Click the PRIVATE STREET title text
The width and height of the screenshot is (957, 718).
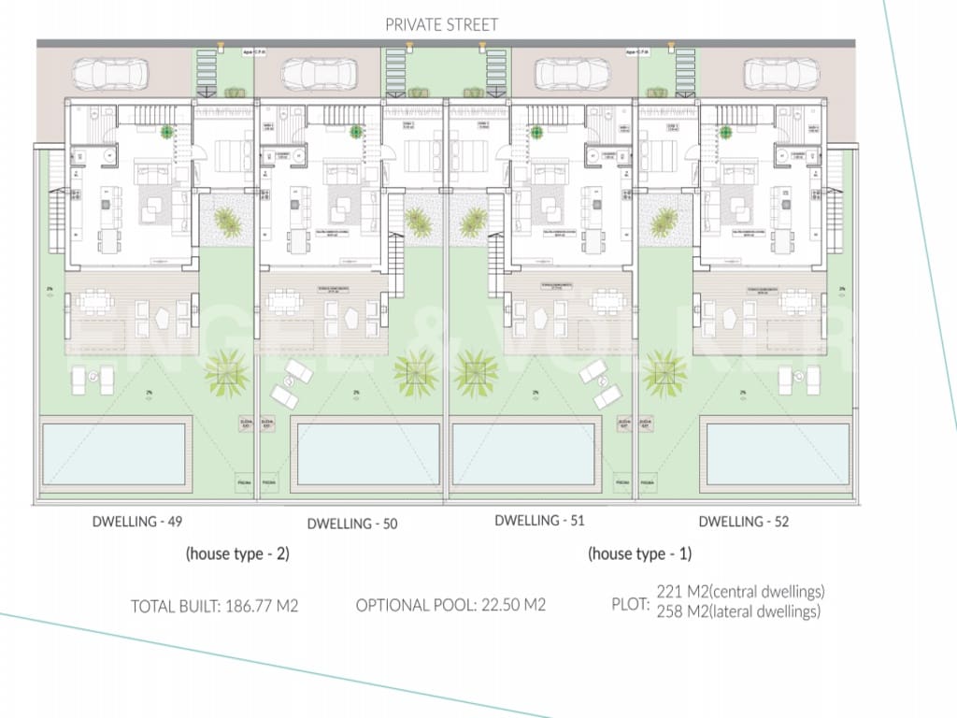point(442,25)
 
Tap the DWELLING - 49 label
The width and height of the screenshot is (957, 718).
point(136,522)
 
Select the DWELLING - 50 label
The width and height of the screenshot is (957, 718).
point(351,524)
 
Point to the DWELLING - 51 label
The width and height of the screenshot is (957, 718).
point(539,521)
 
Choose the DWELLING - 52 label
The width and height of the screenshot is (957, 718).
point(743,522)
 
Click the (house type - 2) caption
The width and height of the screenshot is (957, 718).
point(237,553)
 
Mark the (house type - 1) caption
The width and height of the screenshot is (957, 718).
point(639,553)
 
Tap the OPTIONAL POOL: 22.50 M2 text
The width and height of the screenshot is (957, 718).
point(450,605)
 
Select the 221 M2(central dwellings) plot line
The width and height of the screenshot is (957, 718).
point(741,592)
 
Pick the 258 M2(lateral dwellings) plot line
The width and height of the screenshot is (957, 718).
point(739,611)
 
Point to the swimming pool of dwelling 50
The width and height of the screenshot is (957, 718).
point(365,454)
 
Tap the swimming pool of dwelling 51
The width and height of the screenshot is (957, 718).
point(523,454)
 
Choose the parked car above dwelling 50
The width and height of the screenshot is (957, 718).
point(319,72)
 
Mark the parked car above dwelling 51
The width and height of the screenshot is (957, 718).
point(572,72)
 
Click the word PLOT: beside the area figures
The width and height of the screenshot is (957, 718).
point(630,604)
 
